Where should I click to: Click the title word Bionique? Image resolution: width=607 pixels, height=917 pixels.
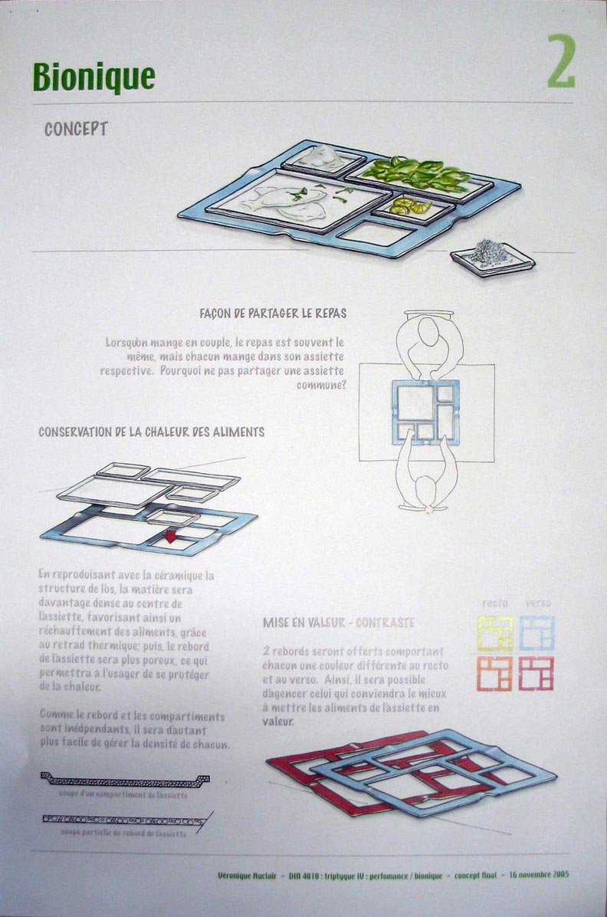[x=94, y=77]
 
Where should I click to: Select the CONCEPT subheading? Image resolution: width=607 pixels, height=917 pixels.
[x=76, y=129]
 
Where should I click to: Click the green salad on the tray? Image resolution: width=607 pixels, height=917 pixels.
[x=418, y=173]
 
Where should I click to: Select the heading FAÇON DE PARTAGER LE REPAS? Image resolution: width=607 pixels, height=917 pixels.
[x=272, y=313]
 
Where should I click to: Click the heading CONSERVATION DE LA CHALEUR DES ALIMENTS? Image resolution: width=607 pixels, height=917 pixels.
[x=152, y=432]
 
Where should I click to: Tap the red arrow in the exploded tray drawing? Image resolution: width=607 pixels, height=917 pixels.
[x=170, y=537]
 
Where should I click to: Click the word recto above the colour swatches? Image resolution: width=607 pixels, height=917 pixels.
[x=495, y=603]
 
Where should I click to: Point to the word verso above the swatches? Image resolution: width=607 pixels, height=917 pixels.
[x=537, y=603]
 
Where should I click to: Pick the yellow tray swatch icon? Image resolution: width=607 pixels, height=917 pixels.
[x=495, y=633]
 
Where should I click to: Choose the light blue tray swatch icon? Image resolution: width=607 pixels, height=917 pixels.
[x=536, y=633]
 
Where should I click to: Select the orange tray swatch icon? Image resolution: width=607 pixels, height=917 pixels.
[x=495, y=673]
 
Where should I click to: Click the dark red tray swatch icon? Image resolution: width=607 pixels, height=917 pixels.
[x=536, y=673]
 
